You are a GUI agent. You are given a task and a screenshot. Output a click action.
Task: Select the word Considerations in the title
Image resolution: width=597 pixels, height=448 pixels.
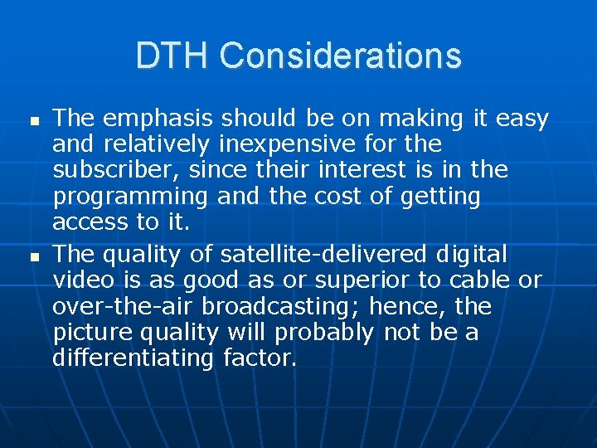[x=341, y=56]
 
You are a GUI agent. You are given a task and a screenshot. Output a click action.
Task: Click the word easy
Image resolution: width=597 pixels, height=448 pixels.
[x=522, y=119]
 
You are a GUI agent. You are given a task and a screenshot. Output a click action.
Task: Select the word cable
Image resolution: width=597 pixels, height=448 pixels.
[x=486, y=281]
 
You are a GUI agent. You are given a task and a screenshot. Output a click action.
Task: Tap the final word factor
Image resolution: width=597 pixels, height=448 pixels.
[x=260, y=358]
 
